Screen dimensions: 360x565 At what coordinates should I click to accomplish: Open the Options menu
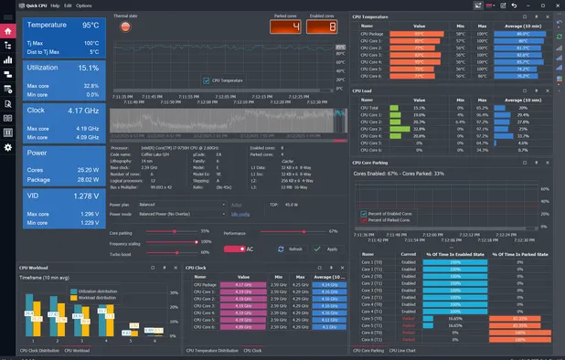(83, 5)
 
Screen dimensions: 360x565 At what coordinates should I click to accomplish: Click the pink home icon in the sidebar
(8, 31)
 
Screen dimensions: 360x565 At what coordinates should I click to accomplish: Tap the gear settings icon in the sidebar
(8, 147)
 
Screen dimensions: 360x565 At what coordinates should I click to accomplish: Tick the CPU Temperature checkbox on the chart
(206, 80)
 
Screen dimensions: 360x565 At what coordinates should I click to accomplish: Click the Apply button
(326, 249)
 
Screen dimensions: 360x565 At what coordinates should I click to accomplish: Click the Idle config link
(240, 214)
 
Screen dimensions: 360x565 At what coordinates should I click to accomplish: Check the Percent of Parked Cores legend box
(363, 220)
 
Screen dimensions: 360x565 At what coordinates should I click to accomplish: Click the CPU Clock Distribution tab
(38, 350)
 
